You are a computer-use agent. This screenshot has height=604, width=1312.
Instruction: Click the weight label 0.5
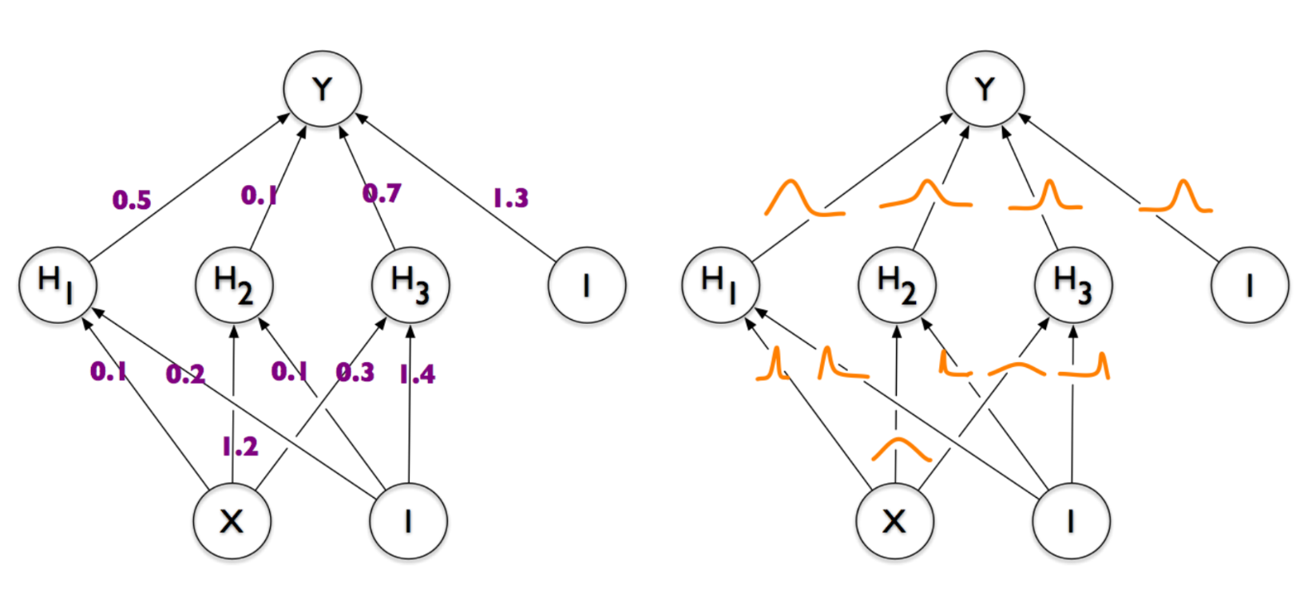click(x=132, y=200)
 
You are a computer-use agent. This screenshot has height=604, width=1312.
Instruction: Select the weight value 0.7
click(x=381, y=194)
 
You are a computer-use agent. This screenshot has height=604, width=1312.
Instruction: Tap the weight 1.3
click(x=511, y=199)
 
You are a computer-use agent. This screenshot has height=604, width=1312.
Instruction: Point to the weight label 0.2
click(x=185, y=374)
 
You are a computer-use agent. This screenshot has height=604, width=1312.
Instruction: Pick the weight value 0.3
click(x=355, y=373)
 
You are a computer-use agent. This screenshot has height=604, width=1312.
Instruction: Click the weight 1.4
click(x=417, y=374)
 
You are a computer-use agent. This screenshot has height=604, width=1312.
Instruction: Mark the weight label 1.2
click(x=240, y=447)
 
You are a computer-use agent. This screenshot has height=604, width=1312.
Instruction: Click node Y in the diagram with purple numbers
click(x=322, y=89)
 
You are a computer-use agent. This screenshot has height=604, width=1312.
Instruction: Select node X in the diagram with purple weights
click(x=232, y=521)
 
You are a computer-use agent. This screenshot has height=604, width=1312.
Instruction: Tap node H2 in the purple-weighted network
click(x=234, y=285)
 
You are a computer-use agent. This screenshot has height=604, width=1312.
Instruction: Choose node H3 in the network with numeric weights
click(x=410, y=285)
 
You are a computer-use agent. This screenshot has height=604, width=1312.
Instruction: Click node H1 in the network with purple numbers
click(x=58, y=285)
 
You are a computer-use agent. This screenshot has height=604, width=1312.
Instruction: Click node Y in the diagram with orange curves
click(x=985, y=89)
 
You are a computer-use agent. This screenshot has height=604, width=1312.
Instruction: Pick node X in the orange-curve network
click(x=895, y=521)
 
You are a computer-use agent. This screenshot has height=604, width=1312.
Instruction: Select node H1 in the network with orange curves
click(x=720, y=285)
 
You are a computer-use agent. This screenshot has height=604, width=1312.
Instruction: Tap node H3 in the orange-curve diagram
click(x=1073, y=285)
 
